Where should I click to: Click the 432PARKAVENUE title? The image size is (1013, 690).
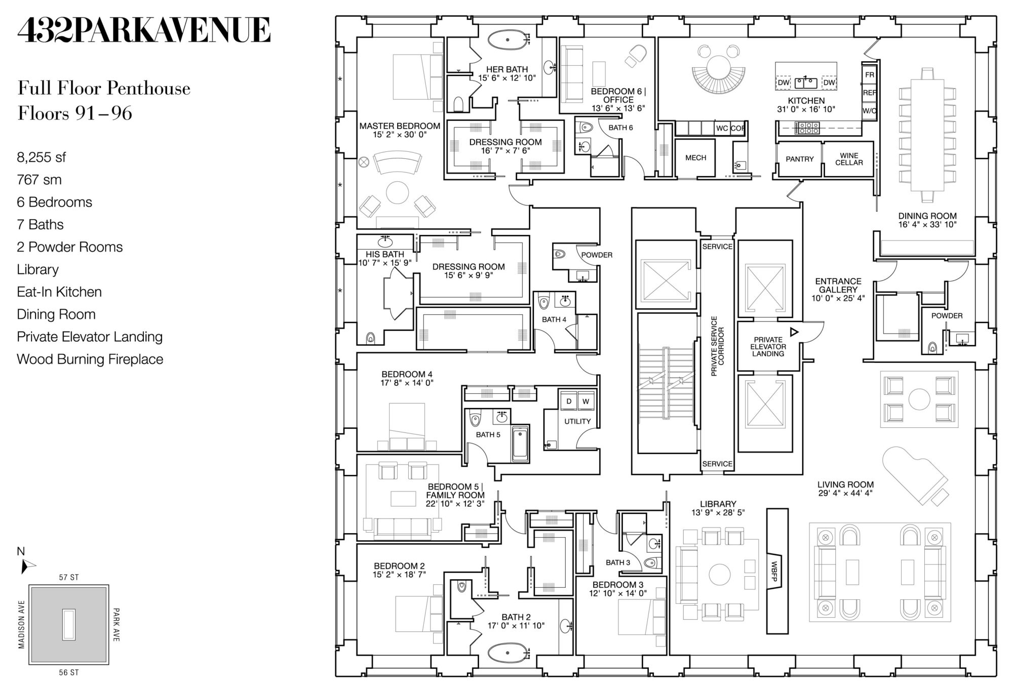(144, 30)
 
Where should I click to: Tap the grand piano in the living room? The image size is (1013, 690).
(915, 476)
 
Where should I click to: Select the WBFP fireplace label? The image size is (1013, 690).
(773, 571)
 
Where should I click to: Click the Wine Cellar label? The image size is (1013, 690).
(849, 159)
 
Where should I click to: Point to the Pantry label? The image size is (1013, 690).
(800, 159)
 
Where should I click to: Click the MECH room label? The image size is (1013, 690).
(695, 158)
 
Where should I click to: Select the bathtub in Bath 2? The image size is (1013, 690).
(508, 653)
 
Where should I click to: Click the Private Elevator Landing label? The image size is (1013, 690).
(768, 347)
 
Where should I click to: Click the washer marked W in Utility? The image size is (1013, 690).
(586, 401)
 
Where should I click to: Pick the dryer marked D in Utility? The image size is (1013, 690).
(569, 401)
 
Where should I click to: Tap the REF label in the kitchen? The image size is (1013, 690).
(869, 93)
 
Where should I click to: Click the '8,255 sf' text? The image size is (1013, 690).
(42, 157)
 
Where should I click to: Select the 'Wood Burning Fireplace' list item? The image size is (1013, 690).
(90, 359)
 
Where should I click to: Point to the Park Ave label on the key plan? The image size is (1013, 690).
(116, 625)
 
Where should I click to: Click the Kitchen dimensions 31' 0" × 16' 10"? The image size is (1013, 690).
(806, 109)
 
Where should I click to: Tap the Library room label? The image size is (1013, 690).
(718, 504)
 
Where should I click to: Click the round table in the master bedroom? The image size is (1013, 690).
(397, 193)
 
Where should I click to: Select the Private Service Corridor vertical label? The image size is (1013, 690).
(718, 346)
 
